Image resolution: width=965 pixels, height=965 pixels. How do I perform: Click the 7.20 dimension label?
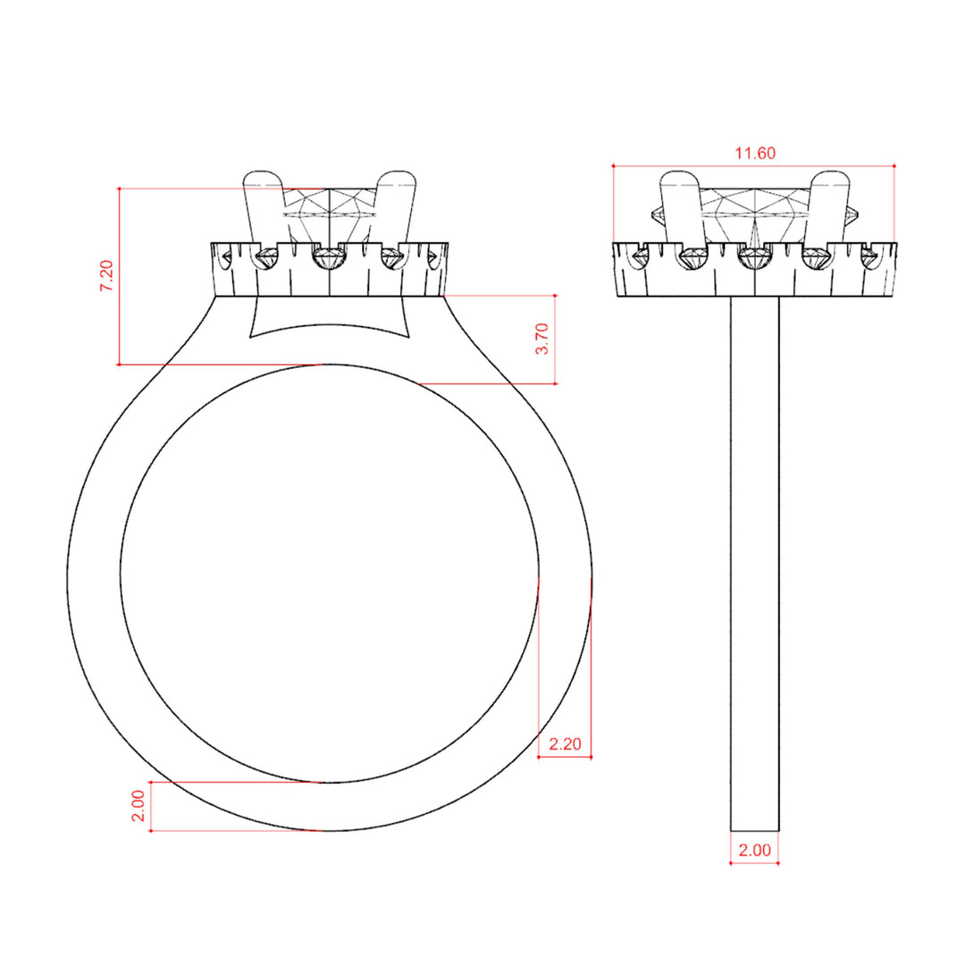[x=107, y=276]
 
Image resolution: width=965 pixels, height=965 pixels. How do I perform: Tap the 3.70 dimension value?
[x=542, y=339]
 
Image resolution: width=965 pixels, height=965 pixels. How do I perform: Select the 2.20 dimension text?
[x=565, y=744]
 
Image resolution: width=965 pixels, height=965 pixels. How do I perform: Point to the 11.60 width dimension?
[x=755, y=154]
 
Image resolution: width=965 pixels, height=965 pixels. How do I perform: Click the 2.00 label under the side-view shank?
[x=754, y=851]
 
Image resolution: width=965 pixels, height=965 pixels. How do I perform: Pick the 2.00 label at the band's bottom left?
[x=138, y=806]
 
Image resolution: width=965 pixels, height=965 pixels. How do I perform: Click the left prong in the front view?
[x=264, y=209]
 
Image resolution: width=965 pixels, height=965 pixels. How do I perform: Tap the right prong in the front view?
[x=395, y=209]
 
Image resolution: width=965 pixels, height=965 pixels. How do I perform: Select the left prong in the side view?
[x=682, y=209]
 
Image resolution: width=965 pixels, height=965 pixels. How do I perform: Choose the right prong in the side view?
[x=829, y=209]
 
